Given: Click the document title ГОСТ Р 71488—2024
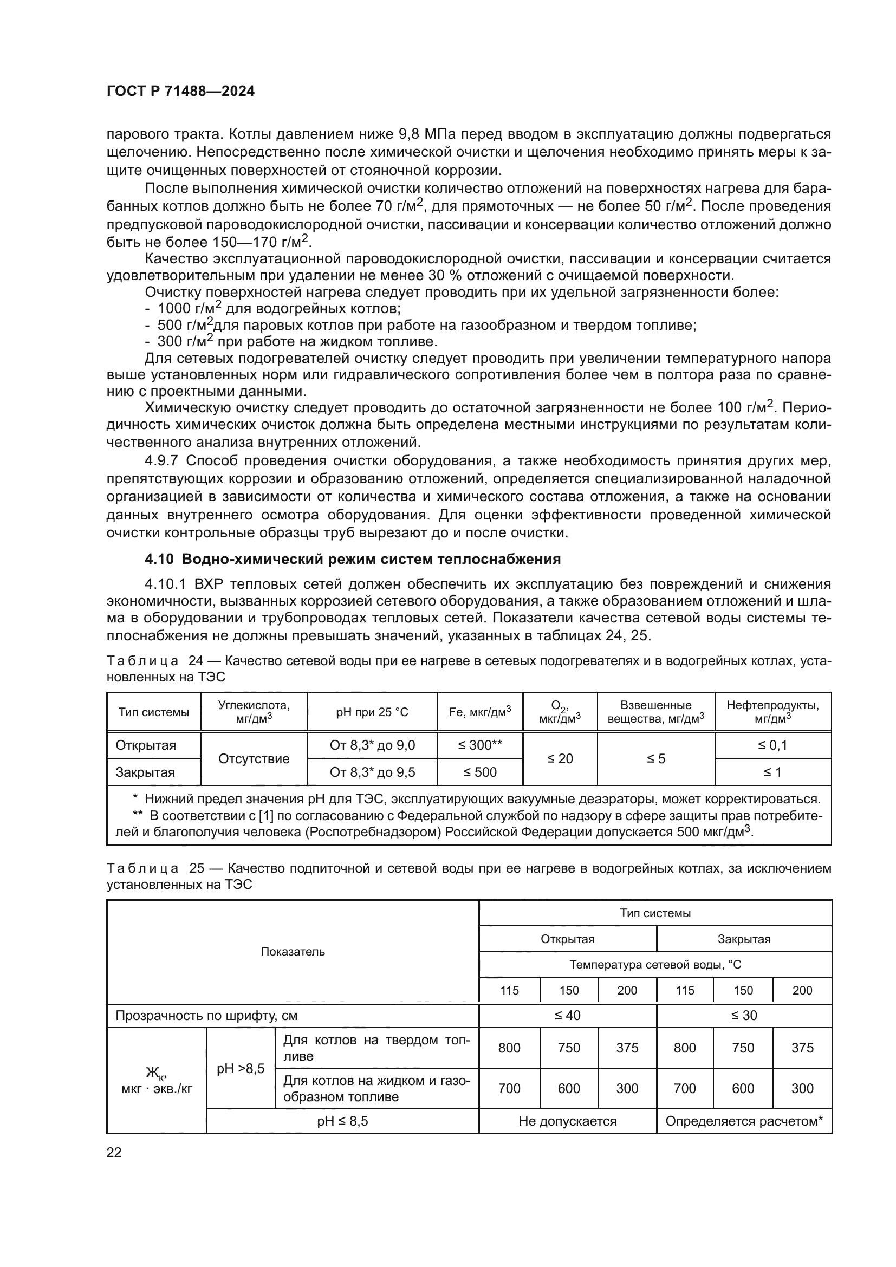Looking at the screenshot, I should pos(180,92).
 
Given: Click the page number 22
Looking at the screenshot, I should pos(114,1152).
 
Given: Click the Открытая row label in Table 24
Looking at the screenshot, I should pos(146,745).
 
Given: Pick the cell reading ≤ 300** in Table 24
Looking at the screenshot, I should pos(479,745).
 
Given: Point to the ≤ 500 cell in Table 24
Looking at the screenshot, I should pos(479,772).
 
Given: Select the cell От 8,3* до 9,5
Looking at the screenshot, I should pos(372,772).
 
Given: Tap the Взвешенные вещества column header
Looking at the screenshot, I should pos(655,712).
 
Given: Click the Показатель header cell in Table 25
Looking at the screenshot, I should pos(293,951).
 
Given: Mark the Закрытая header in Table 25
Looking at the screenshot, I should pos(743,939).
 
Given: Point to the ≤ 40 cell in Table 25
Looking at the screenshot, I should pos(567,1015).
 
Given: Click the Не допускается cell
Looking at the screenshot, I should pos(567,1121).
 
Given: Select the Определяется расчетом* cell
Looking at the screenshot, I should pos(743,1121).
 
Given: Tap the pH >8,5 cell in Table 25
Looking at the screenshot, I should pos(240,1068).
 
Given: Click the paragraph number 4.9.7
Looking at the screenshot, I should pos(161,460).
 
